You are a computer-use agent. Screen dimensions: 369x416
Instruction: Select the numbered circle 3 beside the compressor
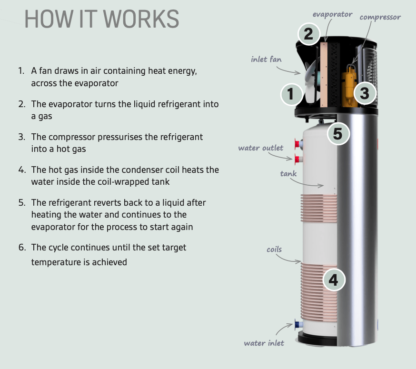pos(364,93)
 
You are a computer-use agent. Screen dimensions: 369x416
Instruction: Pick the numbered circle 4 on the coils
pos(334,280)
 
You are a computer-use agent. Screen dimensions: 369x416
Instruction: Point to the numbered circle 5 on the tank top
pos(337,134)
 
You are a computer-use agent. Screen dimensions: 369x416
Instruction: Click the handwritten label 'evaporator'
pos(333,14)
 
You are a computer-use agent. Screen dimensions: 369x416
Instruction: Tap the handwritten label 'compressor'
pos(380,17)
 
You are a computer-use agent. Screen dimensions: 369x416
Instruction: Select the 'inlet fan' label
pos(267,60)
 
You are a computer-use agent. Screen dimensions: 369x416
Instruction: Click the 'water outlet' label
pos(261,148)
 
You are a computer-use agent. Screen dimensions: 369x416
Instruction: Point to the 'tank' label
pos(288,173)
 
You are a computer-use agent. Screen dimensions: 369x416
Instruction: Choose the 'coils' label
pos(274,249)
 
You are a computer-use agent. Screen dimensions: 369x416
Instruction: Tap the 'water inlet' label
pos(264,343)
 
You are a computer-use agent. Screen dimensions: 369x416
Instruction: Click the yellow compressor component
pos(350,88)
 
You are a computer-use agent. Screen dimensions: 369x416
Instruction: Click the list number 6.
pos(21,248)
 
